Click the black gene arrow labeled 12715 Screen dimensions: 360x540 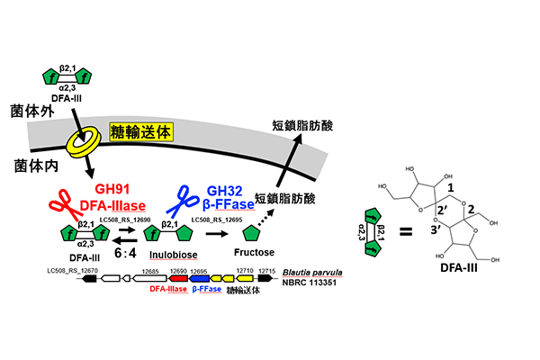265,281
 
